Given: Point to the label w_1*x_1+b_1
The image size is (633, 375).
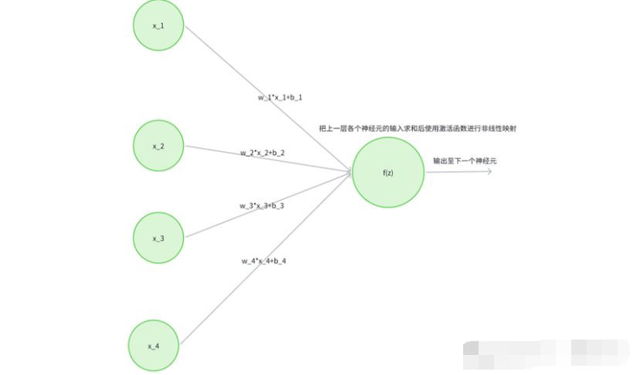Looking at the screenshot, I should coord(280,98).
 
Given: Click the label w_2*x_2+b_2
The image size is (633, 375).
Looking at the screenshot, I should coord(262,153).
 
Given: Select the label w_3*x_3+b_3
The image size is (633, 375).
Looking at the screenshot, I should coord(262,206).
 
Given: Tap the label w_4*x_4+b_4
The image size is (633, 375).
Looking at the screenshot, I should coord(263,261).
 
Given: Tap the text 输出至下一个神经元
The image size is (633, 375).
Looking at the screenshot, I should coord(465,161).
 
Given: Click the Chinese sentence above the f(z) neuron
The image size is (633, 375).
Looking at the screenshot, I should coord(417,128).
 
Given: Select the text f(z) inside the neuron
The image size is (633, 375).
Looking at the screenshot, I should coord(388,173).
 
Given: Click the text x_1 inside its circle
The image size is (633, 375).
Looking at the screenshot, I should coord(158,25).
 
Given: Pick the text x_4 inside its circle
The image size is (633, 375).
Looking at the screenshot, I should coord(153,346).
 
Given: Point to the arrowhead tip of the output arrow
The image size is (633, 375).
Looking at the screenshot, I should coord(491,171).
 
